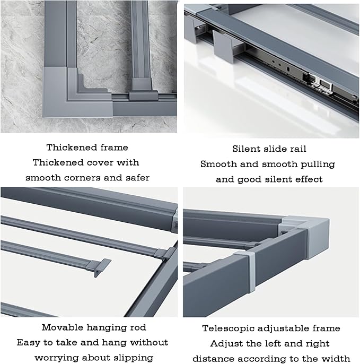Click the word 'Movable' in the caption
62,327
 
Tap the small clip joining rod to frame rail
165,254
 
